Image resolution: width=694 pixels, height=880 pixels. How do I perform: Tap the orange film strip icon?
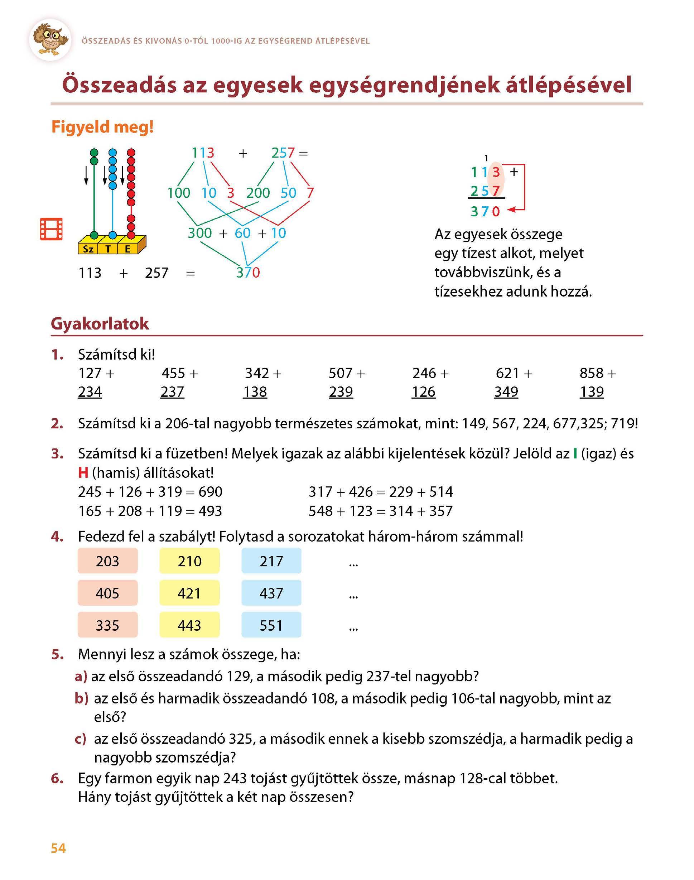tap(51, 229)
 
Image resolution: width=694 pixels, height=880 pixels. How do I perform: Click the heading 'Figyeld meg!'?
tap(102, 127)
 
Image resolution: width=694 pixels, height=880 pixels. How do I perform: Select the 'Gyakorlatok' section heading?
tap(100, 324)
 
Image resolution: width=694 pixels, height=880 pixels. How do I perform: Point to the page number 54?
tap(58, 848)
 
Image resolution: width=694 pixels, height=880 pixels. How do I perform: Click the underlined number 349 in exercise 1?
tap(506, 392)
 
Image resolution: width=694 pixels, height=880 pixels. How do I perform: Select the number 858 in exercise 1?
tap(591, 373)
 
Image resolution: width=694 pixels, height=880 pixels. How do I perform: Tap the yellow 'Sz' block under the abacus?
tap(88, 249)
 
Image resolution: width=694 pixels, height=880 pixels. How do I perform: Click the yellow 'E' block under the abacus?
tap(127, 249)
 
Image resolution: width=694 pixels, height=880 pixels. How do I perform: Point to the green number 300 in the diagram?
tap(199, 233)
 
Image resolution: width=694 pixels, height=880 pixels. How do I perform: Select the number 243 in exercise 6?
tap(235, 778)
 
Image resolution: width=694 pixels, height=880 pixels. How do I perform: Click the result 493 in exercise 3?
tap(210, 511)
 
